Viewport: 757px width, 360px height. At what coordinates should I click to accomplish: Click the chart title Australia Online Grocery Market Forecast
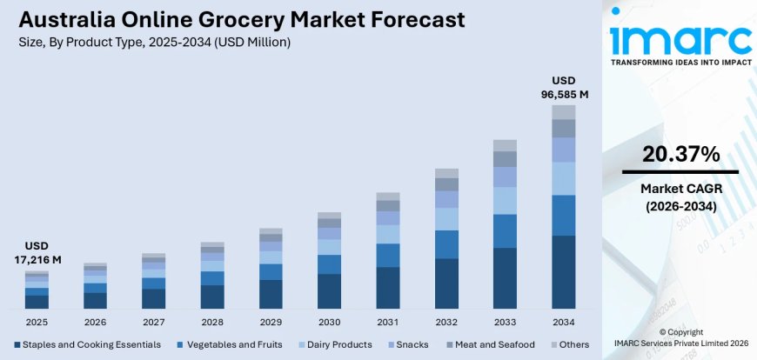click(x=234, y=19)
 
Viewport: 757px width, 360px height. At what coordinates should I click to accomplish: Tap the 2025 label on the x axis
click(x=37, y=321)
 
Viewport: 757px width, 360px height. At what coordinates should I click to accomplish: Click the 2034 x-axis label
click(x=563, y=321)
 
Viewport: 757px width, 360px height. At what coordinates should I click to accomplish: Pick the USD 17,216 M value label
click(x=37, y=252)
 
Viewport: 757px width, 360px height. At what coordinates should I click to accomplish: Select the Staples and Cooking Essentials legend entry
click(x=87, y=344)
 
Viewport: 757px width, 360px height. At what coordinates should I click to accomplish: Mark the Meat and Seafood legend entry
click(x=487, y=344)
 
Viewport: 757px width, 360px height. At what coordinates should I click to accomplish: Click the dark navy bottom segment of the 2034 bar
click(x=563, y=271)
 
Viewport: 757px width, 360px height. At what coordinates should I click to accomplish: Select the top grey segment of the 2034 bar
click(x=563, y=111)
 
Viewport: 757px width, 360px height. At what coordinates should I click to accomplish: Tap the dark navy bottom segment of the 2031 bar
click(x=387, y=287)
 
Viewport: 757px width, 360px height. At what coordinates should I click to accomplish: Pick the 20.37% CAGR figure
click(x=680, y=154)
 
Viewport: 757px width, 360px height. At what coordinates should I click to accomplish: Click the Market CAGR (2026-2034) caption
click(x=680, y=197)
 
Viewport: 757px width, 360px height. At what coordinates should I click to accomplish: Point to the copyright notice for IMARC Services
click(x=680, y=338)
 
